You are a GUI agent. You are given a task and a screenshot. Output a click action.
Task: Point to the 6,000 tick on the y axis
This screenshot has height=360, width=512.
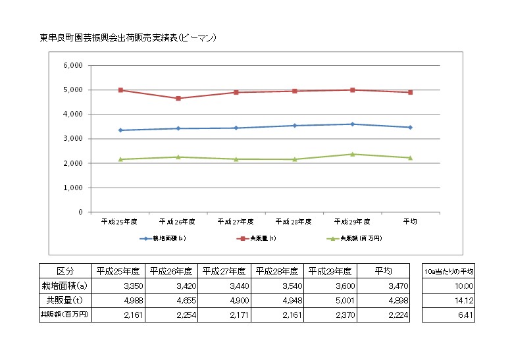point(72,66)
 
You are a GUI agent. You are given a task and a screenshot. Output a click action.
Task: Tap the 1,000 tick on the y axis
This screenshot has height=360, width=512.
point(72,188)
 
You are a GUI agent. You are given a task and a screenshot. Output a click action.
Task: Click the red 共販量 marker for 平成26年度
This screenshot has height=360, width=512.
point(178,99)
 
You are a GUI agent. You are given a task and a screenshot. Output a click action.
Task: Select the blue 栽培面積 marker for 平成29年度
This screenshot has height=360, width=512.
point(353,124)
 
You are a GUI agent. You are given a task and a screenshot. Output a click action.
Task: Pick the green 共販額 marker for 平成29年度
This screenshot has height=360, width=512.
point(353,154)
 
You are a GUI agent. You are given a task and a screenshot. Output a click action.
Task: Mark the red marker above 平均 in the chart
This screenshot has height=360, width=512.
point(411,92)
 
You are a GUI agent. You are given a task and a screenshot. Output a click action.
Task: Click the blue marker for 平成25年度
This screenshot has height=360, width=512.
point(120,130)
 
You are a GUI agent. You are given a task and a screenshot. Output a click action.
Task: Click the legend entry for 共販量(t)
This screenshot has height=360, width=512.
point(257,238)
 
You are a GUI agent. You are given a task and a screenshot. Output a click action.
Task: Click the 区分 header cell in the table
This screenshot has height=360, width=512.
point(65,270)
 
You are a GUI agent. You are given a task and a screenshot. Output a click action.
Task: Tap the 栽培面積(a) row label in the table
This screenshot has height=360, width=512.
point(65,286)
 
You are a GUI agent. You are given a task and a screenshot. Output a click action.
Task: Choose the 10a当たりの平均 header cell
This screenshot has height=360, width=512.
point(449,270)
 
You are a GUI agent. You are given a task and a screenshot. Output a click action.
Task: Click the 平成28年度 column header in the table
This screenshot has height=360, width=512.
point(276,270)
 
